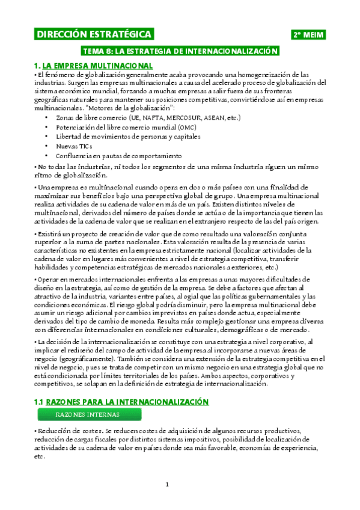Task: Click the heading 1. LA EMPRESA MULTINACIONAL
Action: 93,65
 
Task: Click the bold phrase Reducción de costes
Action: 69,431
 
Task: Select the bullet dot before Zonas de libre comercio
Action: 47,117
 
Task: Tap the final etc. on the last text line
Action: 40,456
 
